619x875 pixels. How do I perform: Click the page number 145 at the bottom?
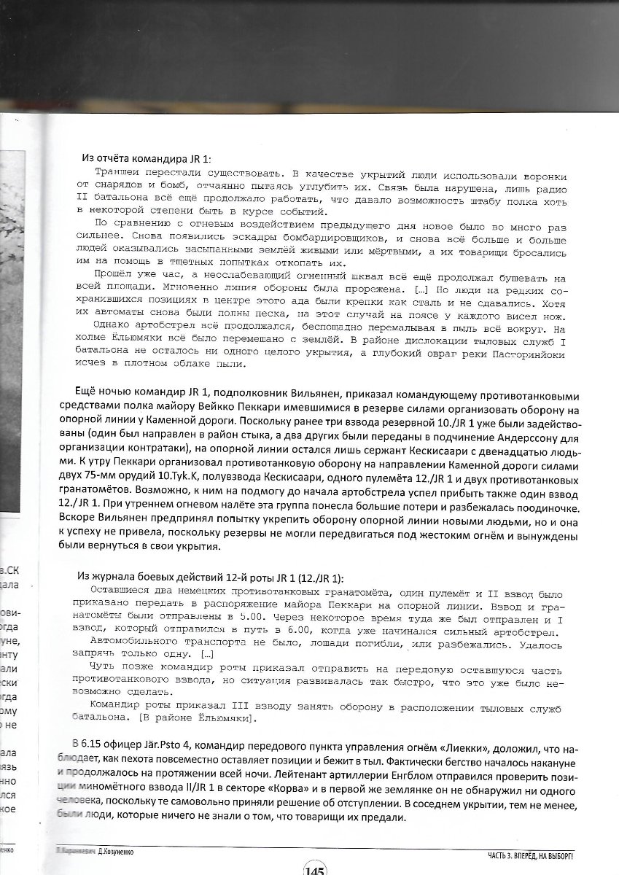tap(315, 868)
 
